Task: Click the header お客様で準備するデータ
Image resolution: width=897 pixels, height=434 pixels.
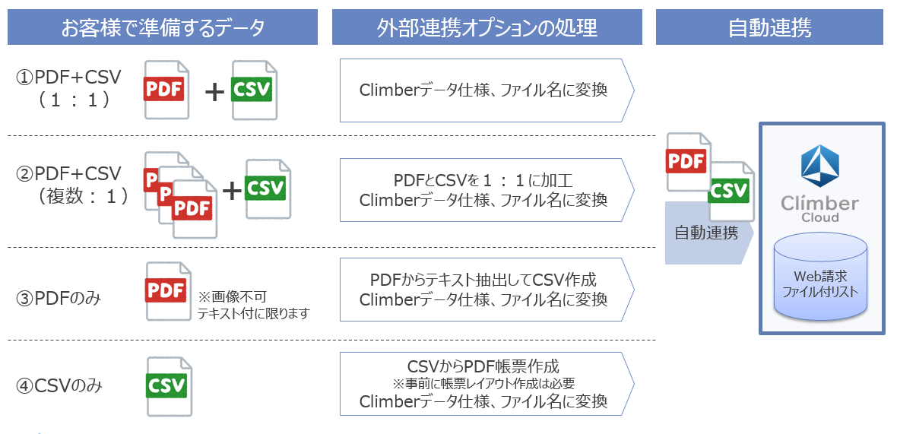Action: (163, 28)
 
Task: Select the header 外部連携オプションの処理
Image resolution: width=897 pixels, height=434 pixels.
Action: (487, 28)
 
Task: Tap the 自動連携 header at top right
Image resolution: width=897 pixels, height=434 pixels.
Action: (769, 28)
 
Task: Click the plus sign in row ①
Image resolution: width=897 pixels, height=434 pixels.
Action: (215, 92)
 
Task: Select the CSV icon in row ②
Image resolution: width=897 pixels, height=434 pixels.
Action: (268, 188)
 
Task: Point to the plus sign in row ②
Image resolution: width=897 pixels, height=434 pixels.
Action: (232, 190)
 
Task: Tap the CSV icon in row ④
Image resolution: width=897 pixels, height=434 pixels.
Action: (168, 386)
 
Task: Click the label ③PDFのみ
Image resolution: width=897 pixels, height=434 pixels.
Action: (59, 299)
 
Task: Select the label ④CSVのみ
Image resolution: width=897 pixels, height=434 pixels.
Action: (59, 386)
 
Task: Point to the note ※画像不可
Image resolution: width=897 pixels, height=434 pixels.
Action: (233, 296)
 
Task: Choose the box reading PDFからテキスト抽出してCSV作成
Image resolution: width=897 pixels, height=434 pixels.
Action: (483, 289)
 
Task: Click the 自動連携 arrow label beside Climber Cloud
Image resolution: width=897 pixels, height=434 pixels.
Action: (706, 233)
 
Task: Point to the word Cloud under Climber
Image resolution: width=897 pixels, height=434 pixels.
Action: (820, 217)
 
